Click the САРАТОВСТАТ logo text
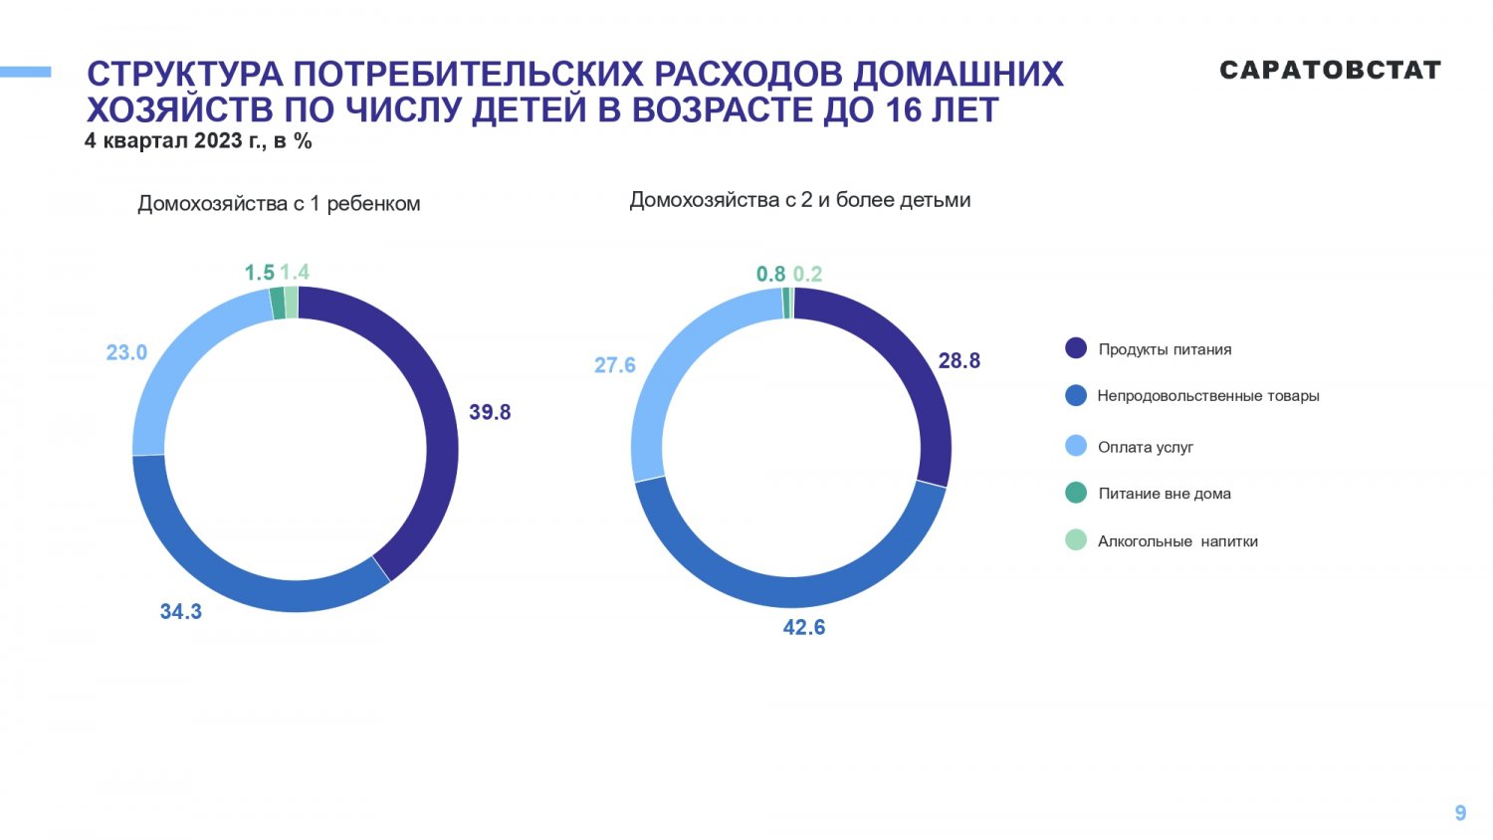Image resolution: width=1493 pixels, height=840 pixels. pyautogui.click(x=1330, y=71)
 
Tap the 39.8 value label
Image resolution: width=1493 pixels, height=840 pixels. pyautogui.click(x=490, y=412)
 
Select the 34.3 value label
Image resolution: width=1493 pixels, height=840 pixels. pyautogui.click(x=181, y=612)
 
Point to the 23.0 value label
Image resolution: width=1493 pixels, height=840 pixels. pyautogui.click(x=126, y=352)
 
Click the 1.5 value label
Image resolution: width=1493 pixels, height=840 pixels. pyautogui.click(x=259, y=273)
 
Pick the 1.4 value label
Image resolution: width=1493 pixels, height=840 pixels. pyautogui.click(x=295, y=273)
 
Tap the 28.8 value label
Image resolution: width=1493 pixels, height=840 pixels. pyautogui.click(x=959, y=361)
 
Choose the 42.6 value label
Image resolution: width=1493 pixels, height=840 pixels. pyautogui.click(x=803, y=628)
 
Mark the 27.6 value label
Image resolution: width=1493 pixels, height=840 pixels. pyautogui.click(x=614, y=365)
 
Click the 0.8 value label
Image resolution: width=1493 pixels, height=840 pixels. pyautogui.click(x=770, y=275)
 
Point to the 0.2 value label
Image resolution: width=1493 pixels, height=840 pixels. pyautogui.click(x=807, y=275)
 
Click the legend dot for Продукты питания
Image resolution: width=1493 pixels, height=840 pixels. pyautogui.click(x=1076, y=348)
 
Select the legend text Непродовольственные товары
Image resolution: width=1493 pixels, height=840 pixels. pyautogui.click(x=1208, y=396)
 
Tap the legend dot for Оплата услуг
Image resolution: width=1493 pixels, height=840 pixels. pyautogui.click(x=1076, y=446)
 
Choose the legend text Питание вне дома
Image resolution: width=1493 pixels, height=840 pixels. pyautogui.click(x=1165, y=494)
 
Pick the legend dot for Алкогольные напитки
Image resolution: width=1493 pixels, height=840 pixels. pyautogui.click(x=1076, y=540)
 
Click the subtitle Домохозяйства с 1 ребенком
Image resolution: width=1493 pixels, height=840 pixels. pyautogui.click(x=279, y=204)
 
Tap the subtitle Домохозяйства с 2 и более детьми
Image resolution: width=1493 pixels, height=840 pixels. pyautogui.click(x=799, y=200)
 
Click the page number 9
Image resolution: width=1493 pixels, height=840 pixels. pyautogui.click(x=1460, y=813)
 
